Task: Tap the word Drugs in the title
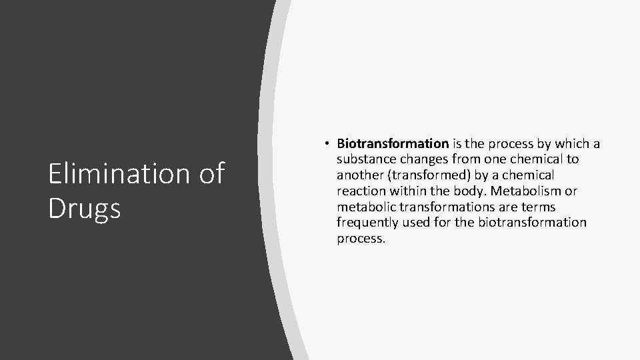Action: click(x=85, y=208)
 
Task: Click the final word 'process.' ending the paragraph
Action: click(x=361, y=239)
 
